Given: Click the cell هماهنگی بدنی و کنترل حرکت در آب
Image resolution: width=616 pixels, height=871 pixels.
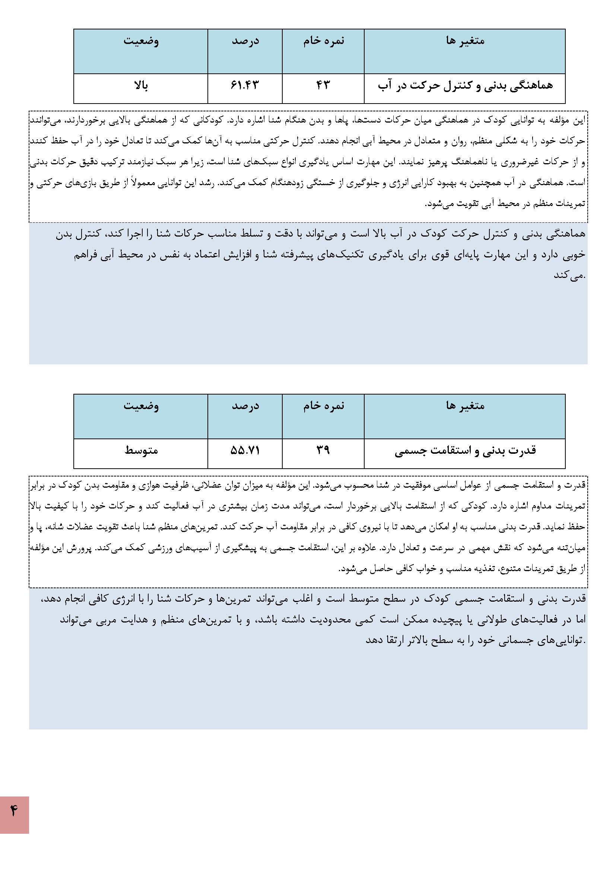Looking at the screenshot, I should (465, 86).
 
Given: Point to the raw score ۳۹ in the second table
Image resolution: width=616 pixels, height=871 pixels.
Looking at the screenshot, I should (323, 450).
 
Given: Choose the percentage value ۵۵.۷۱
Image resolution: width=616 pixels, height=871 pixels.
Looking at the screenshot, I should (245, 450).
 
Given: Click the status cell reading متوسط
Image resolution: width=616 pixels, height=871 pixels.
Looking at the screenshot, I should (141, 450).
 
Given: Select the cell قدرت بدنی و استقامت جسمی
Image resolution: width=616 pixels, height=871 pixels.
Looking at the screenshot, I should (465, 451).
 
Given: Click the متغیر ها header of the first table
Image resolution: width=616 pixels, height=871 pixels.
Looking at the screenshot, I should (465, 41).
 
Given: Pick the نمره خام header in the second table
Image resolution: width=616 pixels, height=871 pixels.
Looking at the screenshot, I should (323, 406).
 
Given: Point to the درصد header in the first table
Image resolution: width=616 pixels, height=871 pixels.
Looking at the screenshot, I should (245, 41).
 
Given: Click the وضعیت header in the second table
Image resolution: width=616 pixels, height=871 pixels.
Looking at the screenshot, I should (141, 406).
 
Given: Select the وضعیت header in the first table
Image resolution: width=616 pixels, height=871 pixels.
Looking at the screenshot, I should (141, 41).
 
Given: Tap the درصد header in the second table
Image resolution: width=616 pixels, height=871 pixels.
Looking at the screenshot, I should (245, 406).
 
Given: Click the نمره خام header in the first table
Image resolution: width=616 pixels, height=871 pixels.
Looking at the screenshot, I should (323, 41).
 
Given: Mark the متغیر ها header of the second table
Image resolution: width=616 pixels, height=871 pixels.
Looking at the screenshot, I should (465, 406).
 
